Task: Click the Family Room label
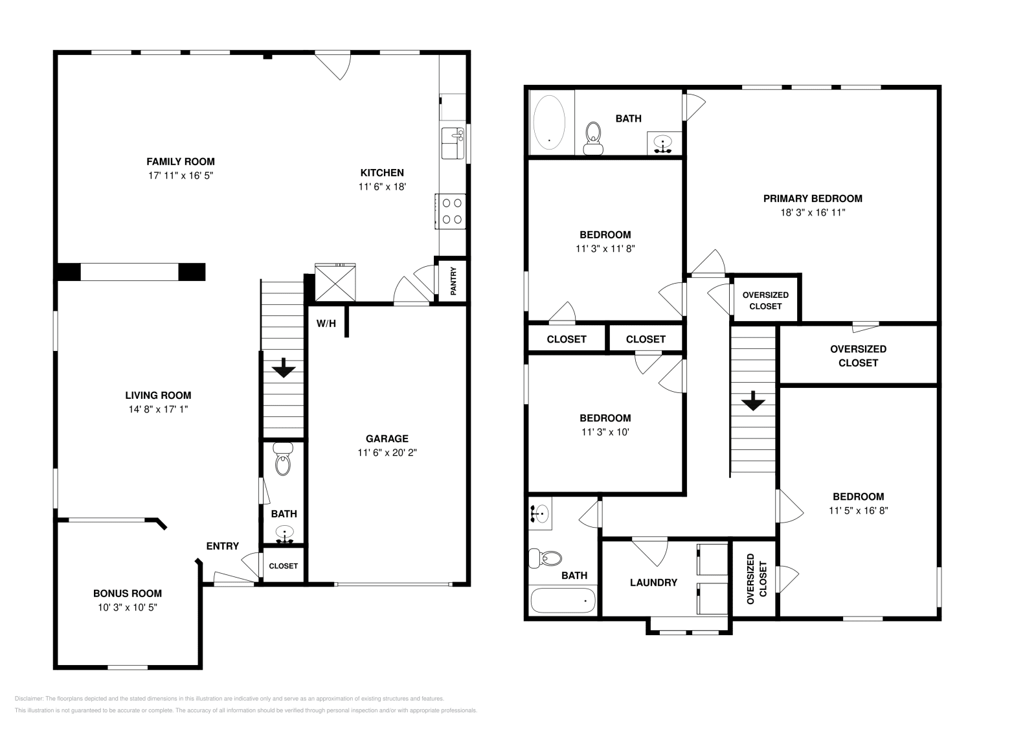[180, 162]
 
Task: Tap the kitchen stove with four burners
[451, 211]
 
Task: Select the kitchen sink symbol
[453, 143]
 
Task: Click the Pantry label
[453, 282]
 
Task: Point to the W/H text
[326, 323]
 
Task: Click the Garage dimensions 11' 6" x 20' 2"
[387, 453]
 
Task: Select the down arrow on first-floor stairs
[284, 369]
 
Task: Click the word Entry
[222, 546]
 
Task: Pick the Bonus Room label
[127, 593]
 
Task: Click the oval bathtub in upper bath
[549, 122]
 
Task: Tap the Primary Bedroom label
[812, 199]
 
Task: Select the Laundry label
[653, 582]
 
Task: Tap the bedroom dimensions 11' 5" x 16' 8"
[858, 510]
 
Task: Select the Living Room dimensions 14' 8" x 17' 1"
[158, 409]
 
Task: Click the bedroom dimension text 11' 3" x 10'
[605, 432]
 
